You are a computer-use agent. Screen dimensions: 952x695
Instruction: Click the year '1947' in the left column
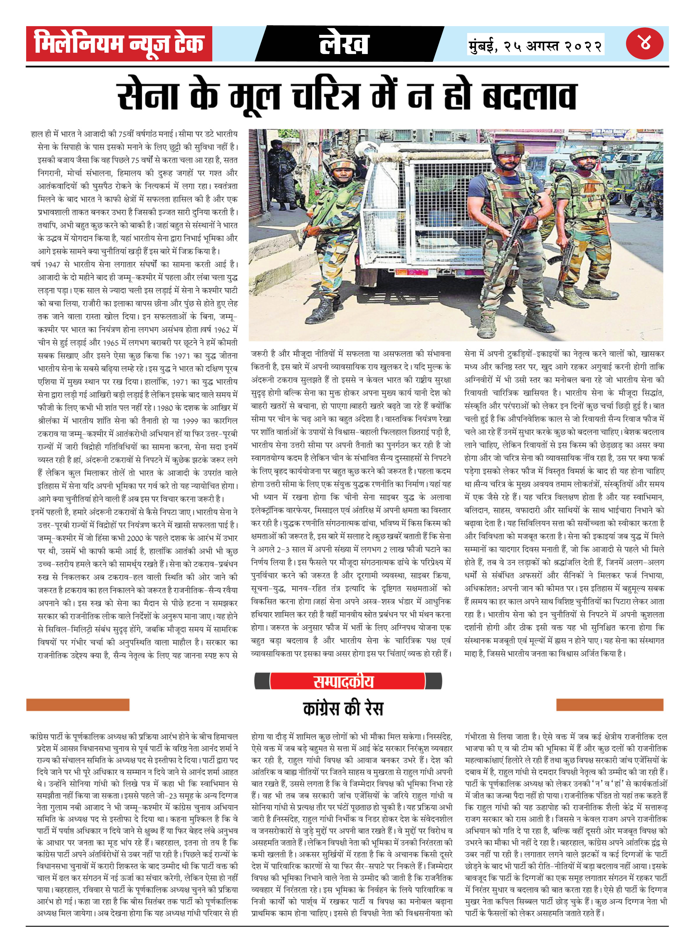(x=53, y=264)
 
